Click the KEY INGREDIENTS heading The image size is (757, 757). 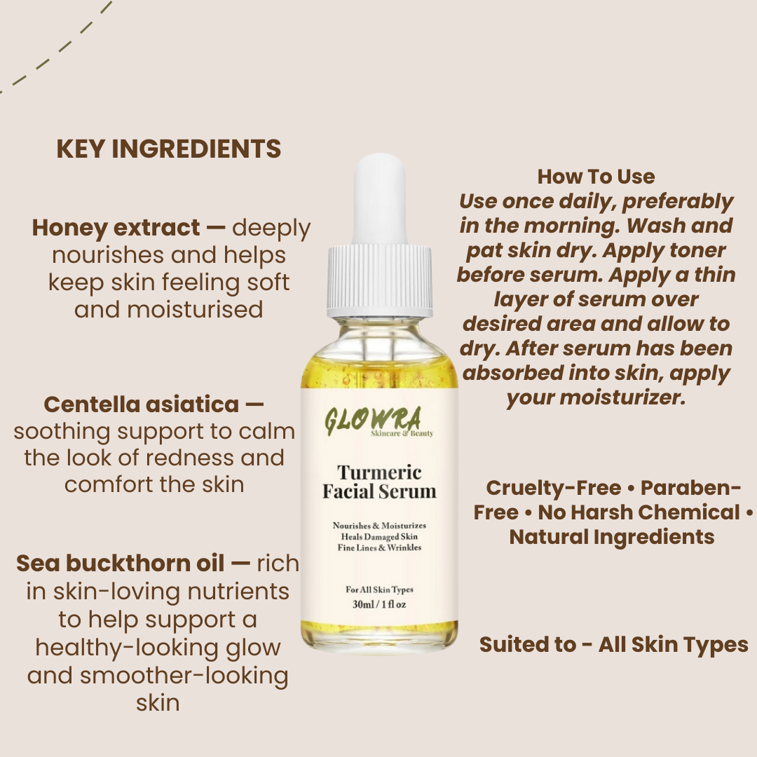(x=168, y=149)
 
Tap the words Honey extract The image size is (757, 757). (x=116, y=228)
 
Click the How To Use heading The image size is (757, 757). (x=596, y=177)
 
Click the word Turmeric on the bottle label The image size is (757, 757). (x=379, y=472)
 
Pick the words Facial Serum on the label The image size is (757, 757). (x=379, y=491)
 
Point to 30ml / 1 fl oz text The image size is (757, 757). (x=379, y=604)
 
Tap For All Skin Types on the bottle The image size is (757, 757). (x=379, y=589)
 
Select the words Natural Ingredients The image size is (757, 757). (x=611, y=537)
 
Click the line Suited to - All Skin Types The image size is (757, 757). (x=613, y=645)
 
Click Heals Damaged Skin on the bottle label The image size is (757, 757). (x=379, y=536)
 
